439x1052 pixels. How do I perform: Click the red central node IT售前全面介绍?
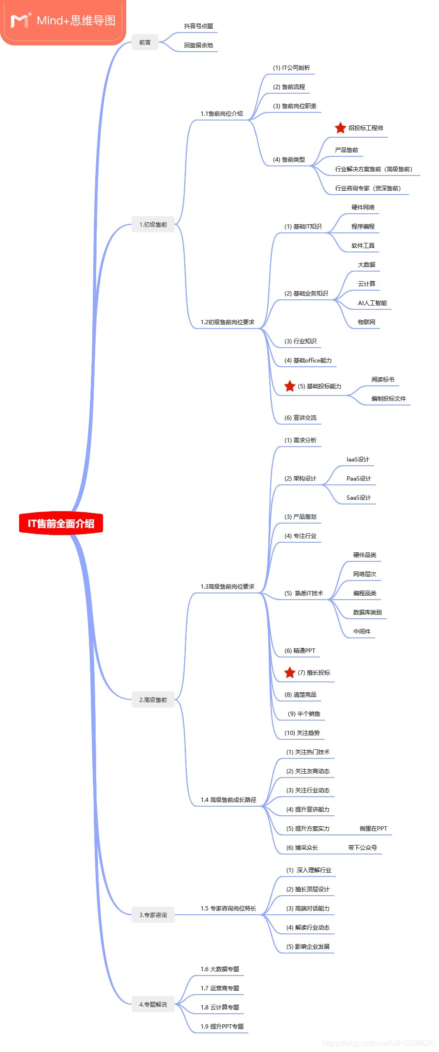coord(61,523)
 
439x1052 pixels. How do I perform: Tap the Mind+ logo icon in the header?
coord(21,20)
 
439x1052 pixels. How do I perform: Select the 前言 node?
coord(145,43)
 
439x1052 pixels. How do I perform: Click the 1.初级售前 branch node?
coord(153,224)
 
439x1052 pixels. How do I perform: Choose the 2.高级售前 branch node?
coord(153,700)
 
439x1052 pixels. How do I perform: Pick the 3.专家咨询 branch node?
coord(153,915)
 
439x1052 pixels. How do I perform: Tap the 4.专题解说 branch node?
coord(153,1004)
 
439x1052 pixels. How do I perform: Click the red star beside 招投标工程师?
coord(340,128)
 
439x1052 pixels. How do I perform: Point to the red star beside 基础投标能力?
coord(289,386)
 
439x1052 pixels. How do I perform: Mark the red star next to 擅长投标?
coord(289,672)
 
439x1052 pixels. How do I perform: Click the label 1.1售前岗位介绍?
coord(221,113)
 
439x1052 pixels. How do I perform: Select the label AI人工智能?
coord(372,303)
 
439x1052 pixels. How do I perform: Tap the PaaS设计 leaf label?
coord(359,478)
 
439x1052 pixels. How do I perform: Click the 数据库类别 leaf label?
coord(367,612)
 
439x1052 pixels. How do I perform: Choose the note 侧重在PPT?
coord(373,828)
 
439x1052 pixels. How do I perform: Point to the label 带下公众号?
coord(362,847)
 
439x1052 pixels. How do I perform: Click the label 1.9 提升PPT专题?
coord(222,1026)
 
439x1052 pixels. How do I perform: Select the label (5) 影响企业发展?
coord(307,946)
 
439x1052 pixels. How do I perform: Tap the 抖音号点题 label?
coord(198,26)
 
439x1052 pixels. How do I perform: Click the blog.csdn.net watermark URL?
coord(378,1043)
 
